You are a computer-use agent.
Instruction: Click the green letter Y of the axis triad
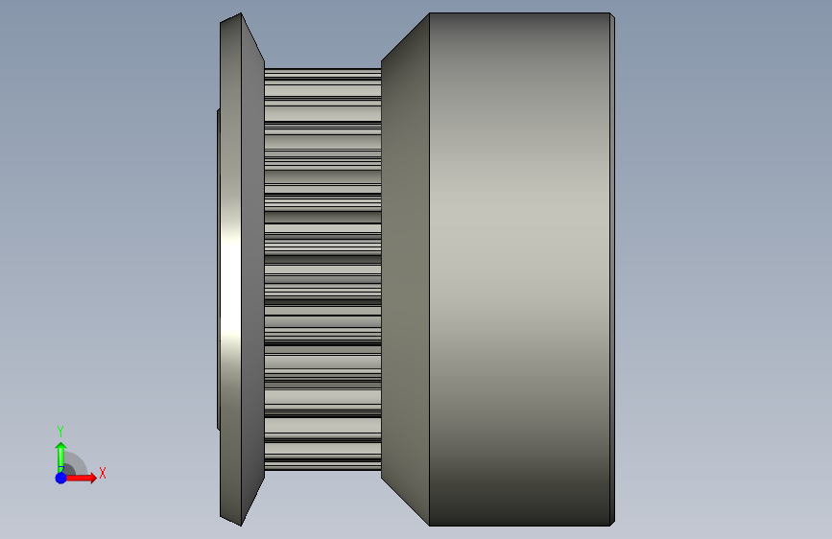(60, 431)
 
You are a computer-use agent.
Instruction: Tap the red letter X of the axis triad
(103, 473)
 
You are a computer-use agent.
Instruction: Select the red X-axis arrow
(81, 478)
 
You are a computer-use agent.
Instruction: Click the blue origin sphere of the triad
(61, 478)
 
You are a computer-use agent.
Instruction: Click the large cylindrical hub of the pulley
(519, 269)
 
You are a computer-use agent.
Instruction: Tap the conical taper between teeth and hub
(405, 269)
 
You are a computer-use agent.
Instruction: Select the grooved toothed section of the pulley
(322, 269)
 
